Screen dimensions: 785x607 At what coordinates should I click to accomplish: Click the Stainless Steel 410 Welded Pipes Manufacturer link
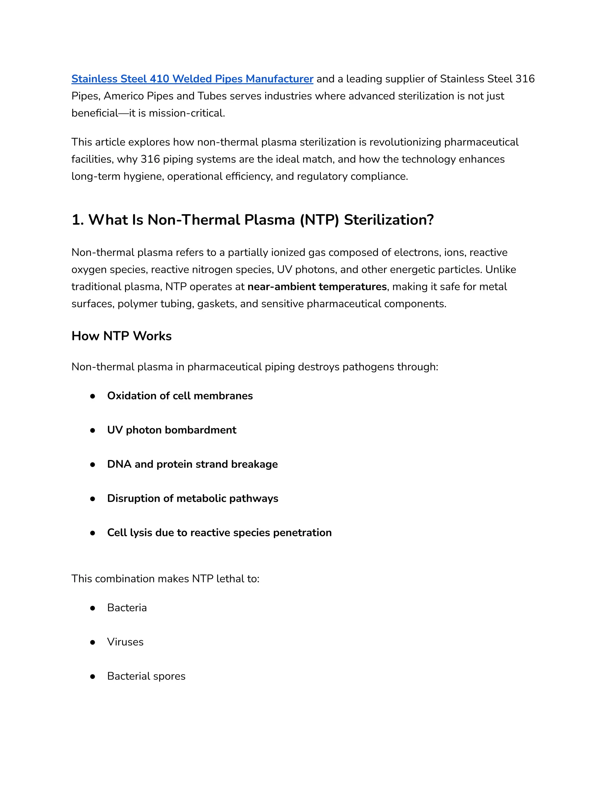tap(192, 79)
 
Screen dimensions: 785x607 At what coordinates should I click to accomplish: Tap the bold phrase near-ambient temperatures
tap(317, 286)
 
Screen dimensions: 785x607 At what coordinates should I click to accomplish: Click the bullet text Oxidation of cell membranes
tap(180, 396)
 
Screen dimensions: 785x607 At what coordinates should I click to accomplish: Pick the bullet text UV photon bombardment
tap(172, 430)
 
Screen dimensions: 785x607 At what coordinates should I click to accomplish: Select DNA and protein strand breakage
tap(192, 464)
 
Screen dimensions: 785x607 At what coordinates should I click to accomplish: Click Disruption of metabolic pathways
tap(192, 498)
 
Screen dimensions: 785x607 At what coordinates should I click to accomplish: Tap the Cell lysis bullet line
tap(219, 532)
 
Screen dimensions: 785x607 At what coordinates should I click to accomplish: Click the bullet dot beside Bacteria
tap(93, 608)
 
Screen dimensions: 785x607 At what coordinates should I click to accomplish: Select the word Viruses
tap(125, 642)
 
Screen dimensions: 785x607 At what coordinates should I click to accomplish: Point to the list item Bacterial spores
tap(146, 676)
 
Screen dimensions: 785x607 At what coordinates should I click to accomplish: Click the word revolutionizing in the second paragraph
tap(405, 142)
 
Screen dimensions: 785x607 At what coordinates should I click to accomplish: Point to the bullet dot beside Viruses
tap(93, 642)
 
